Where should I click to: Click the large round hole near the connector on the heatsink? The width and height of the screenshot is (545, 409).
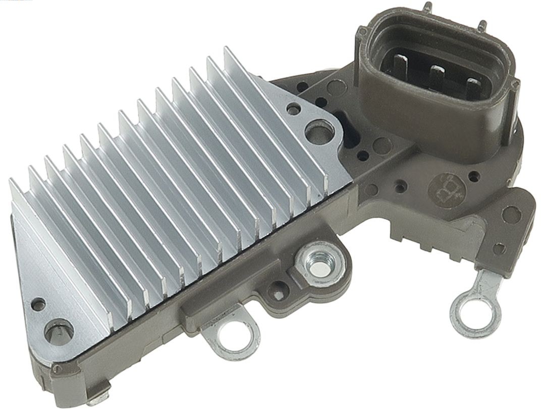coord(317,131)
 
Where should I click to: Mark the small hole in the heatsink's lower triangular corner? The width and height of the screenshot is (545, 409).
coord(37,304)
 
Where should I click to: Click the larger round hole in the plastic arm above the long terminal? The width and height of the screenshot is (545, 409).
coord(512,215)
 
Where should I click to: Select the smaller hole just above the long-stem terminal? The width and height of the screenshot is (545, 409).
coord(500,248)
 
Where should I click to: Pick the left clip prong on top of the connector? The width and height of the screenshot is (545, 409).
coord(428,7)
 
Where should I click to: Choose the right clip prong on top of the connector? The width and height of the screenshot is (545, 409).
coord(482,24)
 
